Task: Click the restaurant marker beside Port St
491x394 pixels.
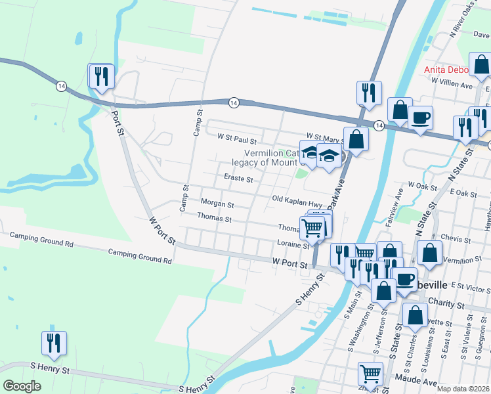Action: pos(101,76)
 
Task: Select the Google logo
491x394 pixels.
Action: pos(22,386)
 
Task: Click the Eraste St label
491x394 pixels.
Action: pos(238,178)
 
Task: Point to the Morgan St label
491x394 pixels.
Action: pos(217,204)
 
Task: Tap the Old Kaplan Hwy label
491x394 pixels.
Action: pos(297,198)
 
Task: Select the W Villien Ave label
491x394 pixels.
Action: pos(452,85)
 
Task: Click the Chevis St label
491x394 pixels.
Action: pos(453,237)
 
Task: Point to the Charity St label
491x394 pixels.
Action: pos(446,305)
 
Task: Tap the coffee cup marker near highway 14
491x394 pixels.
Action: pos(420,118)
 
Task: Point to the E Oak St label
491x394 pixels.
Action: pos(463,194)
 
